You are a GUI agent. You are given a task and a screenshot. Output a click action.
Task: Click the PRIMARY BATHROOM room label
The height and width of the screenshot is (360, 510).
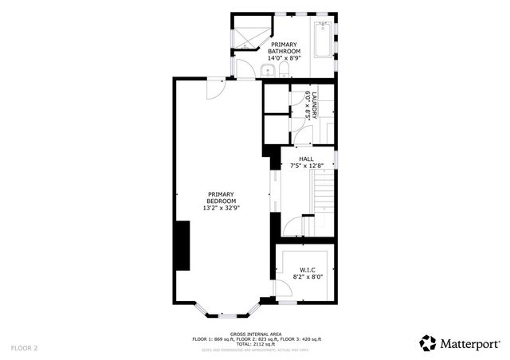point(284,51)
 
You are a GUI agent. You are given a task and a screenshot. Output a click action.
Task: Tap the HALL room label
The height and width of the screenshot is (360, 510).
point(306,158)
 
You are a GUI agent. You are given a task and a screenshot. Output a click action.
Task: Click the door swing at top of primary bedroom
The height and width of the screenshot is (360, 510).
point(214,90)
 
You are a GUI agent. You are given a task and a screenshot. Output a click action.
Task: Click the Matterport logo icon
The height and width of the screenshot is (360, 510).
point(427,342)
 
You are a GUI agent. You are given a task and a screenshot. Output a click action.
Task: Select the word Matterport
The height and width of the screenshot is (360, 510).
point(468,343)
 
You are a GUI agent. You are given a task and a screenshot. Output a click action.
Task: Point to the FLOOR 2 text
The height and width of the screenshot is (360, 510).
point(25,348)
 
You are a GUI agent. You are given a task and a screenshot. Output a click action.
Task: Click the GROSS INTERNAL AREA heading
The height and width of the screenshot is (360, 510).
point(255,334)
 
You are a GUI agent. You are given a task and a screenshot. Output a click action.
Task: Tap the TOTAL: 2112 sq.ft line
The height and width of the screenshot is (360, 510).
point(255,343)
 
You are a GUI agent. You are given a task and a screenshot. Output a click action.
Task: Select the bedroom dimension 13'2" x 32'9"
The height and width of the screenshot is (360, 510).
point(222,207)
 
